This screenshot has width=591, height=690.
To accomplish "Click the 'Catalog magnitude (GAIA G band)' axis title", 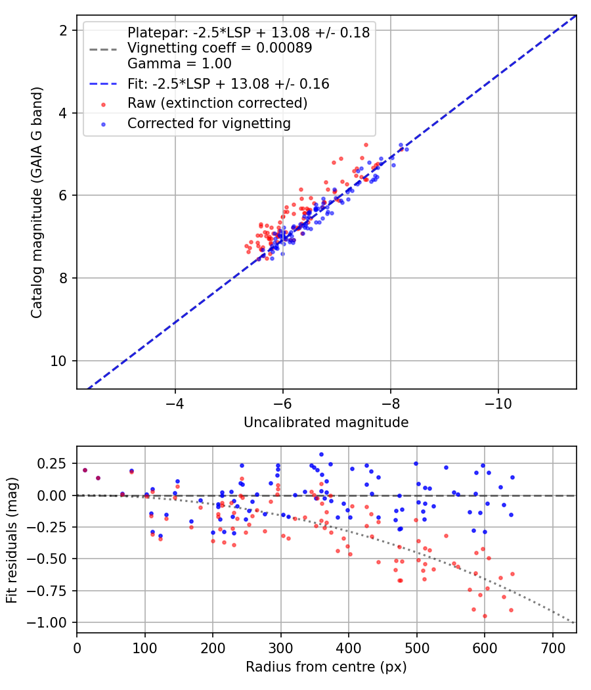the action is pos(37,202).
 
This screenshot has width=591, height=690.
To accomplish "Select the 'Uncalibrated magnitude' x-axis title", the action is pos(326,423).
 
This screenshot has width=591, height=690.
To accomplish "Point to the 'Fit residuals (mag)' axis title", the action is pos(12,540).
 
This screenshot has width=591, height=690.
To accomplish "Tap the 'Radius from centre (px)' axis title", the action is pos(326,667).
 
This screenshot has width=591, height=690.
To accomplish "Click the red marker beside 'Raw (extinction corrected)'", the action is pos(103,104).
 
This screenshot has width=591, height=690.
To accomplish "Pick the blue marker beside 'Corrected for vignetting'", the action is pos(103,125).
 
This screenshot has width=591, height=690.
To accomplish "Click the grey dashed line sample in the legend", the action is pos(103,49).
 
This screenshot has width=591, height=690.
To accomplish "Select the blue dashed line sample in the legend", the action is pos(103,84).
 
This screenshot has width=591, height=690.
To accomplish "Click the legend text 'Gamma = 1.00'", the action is pos(179,64).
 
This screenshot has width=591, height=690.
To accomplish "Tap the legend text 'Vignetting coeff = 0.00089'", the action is pos(220,48).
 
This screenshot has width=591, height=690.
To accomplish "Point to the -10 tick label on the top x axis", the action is pos(498,403).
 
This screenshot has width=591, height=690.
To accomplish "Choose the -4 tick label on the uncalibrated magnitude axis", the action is pos(175,403).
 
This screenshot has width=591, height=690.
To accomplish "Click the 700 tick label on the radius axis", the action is pos(552,648).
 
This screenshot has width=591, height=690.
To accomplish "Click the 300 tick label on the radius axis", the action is pos(280,648).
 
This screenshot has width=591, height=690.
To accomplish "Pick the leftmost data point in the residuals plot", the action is pos(85,471).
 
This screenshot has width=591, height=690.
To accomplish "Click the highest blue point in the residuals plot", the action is pos(322,455).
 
